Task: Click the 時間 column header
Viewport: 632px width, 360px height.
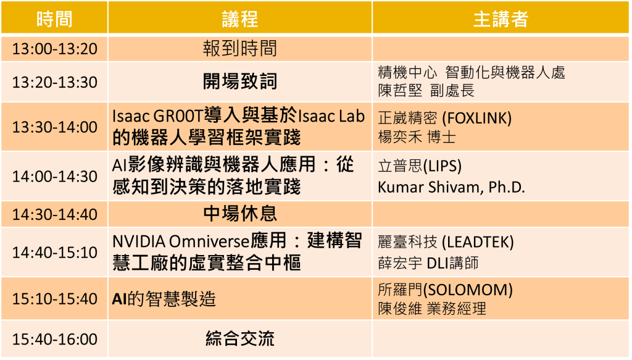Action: (x=54, y=19)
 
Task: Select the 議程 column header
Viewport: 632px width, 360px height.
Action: (x=240, y=19)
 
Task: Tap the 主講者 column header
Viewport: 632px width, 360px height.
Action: (x=500, y=19)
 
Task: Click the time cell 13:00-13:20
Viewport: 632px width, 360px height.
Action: (x=55, y=49)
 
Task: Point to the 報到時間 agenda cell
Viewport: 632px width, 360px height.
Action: (x=240, y=49)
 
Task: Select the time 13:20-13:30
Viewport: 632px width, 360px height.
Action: (x=55, y=82)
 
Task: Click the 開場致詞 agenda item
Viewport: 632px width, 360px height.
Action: (x=240, y=82)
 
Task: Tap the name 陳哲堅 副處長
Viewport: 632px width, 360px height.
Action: (x=426, y=90)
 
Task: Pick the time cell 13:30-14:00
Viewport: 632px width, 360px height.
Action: (x=55, y=127)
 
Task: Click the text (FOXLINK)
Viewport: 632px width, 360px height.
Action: (x=477, y=118)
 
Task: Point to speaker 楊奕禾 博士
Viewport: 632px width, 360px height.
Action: (x=417, y=137)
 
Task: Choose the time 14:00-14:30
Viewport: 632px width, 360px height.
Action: (x=55, y=177)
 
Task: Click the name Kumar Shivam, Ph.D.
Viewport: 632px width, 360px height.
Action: (x=451, y=187)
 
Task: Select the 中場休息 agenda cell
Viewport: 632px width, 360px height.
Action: (x=240, y=214)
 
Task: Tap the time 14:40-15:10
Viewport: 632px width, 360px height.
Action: (x=55, y=253)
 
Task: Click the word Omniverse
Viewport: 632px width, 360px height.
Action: (x=209, y=241)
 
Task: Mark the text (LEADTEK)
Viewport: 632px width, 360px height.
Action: (x=478, y=242)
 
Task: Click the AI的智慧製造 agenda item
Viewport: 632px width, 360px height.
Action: (x=164, y=299)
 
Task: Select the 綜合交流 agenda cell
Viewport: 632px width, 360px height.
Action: (x=240, y=338)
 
